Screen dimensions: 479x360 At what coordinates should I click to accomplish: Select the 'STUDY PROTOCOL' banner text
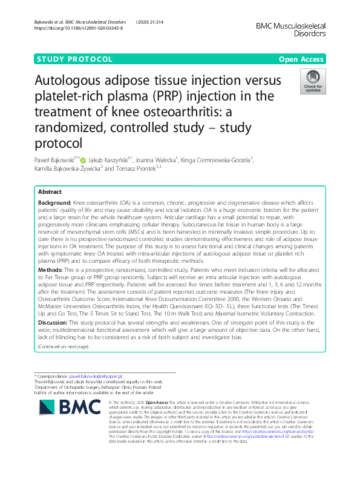75,59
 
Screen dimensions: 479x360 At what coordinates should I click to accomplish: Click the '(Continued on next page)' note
64,346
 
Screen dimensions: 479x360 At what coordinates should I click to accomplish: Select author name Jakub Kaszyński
110,160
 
